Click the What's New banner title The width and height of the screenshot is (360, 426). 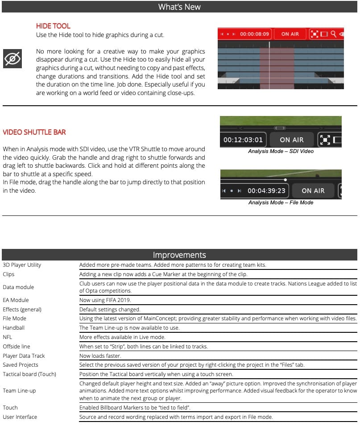(179, 7)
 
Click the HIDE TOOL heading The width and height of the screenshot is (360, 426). (53, 26)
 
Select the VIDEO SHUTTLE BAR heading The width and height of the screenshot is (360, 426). (34, 132)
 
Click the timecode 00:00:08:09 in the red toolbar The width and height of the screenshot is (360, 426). (254, 34)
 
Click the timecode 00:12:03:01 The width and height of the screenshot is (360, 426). (243, 140)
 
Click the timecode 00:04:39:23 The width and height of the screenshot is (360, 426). (266, 190)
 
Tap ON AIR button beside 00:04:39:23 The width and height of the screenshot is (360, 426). (313, 190)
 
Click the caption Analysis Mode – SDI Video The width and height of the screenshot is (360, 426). (281, 151)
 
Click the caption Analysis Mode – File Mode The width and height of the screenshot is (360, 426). (281, 203)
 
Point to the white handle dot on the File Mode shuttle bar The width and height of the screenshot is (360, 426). (286, 180)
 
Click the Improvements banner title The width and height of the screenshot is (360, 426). (179, 255)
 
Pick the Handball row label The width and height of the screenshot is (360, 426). (13, 327)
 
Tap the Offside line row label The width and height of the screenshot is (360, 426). (17, 346)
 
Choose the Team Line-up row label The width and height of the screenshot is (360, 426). (19, 390)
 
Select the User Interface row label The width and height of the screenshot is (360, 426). (20, 417)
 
